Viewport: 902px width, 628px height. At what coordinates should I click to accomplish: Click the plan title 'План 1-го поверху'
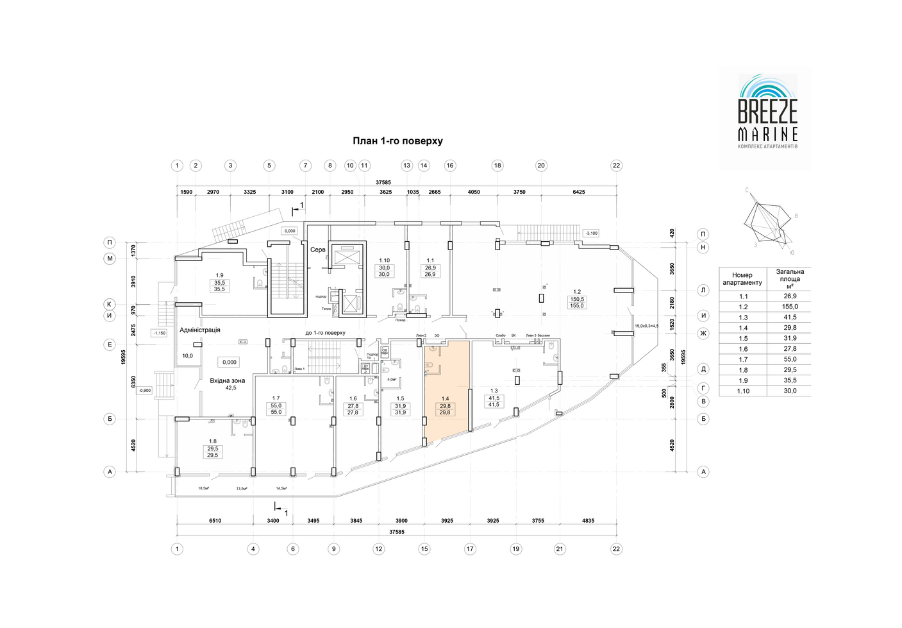(x=397, y=141)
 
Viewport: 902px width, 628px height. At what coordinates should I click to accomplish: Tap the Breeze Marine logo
(x=767, y=115)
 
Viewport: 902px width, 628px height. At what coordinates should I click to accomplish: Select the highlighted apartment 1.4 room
(x=446, y=391)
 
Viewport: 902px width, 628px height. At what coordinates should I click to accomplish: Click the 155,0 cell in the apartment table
(x=790, y=307)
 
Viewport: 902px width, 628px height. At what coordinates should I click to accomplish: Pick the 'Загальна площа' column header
(x=790, y=279)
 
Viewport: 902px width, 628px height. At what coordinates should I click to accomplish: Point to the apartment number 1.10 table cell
(x=743, y=391)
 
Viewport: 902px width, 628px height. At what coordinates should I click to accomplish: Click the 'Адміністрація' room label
(x=200, y=330)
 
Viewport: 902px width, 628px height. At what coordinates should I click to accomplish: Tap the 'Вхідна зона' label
(x=228, y=380)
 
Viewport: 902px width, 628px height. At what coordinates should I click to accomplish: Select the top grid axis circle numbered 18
(x=497, y=165)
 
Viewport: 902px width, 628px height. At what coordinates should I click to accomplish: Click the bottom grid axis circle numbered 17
(x=470, y=548)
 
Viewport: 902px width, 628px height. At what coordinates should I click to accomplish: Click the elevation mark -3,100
(x=590, y=233)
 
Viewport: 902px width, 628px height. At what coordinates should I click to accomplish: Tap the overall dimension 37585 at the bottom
(x=397, y=531)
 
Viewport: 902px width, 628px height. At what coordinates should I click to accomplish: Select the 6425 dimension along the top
(x=578, y=192)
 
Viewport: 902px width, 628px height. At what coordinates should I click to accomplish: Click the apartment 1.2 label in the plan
(x=577, y=292)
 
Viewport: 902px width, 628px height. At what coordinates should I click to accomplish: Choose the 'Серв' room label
(x=318, y=250)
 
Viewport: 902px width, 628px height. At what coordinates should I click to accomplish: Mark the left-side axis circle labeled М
(x=110, y=259)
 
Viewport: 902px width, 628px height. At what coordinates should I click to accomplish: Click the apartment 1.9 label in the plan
(x=219, y=275)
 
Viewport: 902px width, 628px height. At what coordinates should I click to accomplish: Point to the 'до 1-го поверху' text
(x=325, y=333)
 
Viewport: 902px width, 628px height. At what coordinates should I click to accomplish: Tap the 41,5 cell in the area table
(x=790, y=318)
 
